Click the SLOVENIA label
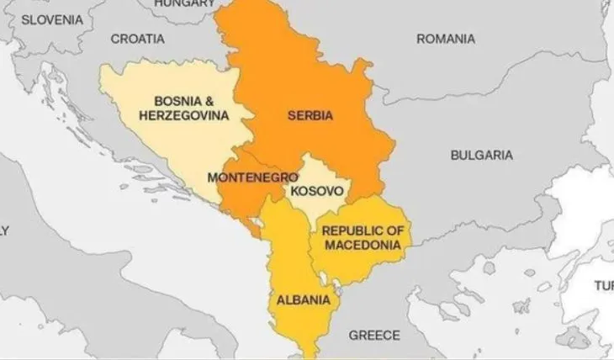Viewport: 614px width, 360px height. click(x=52, y=19)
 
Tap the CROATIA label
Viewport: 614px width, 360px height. click(x=137, y=39)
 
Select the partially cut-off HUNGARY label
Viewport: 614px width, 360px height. click(x=183, y=4)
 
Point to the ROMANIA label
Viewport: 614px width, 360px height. click(x=445, y=39)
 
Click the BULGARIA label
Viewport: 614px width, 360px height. click(x=481, y=155)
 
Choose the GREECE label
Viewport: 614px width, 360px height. click(x=374, y=335)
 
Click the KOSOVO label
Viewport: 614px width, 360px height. click(x=316, y=191)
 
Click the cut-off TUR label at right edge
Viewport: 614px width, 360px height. click(x=604, y=286)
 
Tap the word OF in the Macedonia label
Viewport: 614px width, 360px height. click(x=390, y=230)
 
